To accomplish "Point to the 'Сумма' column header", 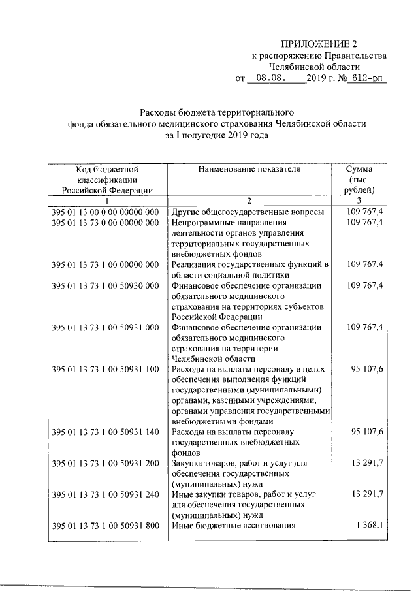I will tap(359, 169).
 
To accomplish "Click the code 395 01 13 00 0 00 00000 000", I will tap(105, 212).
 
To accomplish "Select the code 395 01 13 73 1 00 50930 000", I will tap(105, 285).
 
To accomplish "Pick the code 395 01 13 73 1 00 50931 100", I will tap(105, 369).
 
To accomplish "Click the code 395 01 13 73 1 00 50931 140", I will tap(105, 432).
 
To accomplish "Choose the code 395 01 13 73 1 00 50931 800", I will tap(105, 526).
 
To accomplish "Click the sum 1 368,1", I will tap(370, 526).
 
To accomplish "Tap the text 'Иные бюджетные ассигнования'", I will tap(233, 526).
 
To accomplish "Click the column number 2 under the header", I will tap(249, 200).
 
